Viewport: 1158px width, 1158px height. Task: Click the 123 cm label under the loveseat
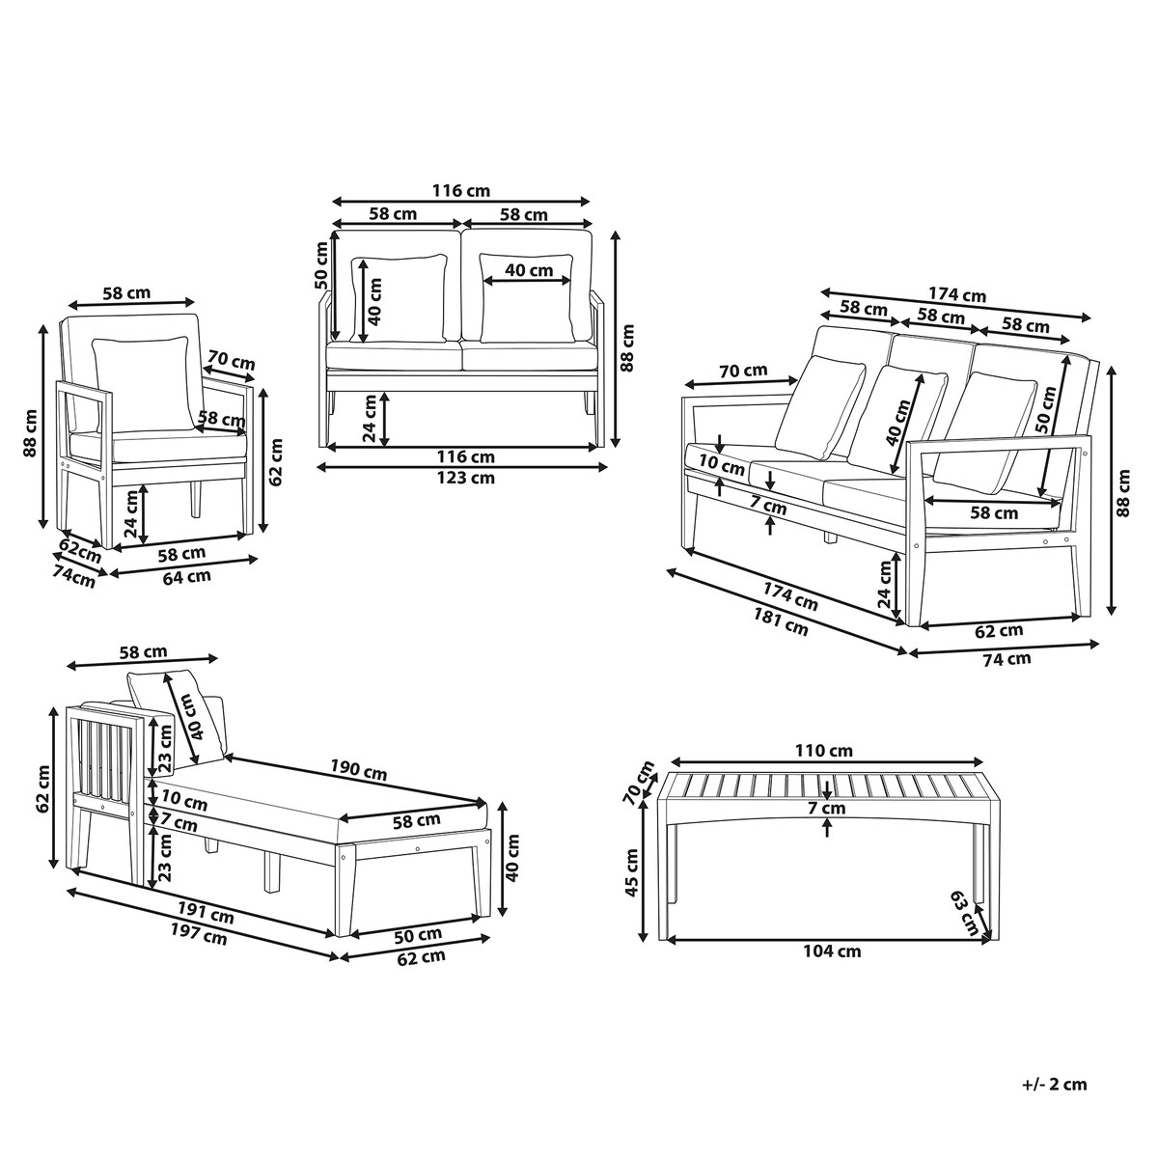click(x=466, y=478)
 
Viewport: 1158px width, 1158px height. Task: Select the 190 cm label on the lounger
click(x=358, y=770)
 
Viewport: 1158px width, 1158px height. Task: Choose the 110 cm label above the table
click(x=823, y=751)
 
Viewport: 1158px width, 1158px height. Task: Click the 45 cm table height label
click(x=631, y=872)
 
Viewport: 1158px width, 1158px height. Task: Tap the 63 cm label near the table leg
click(x=964, y=914)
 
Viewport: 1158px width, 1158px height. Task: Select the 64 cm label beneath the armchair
click(x=186, y=576)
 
